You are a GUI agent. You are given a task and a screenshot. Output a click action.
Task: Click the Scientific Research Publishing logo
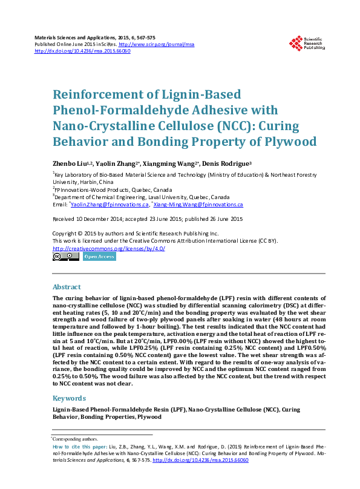point(307,43)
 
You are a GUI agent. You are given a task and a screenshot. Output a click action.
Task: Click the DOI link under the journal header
point(82,51)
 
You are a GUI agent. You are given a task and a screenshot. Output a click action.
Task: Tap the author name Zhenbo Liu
point(69,163)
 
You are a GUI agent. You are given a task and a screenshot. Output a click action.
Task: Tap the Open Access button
point(99,257)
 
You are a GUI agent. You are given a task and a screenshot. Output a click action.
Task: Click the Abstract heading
point(67,287)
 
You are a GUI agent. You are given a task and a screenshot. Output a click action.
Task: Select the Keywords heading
point(69,398)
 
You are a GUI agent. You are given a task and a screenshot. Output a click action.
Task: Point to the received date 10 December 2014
point(103,218)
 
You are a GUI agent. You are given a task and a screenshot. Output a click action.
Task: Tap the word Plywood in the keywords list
point(149,417)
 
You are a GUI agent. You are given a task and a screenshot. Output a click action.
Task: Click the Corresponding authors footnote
point(76,438)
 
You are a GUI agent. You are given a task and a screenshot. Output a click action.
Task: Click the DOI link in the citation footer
point(201,460)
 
